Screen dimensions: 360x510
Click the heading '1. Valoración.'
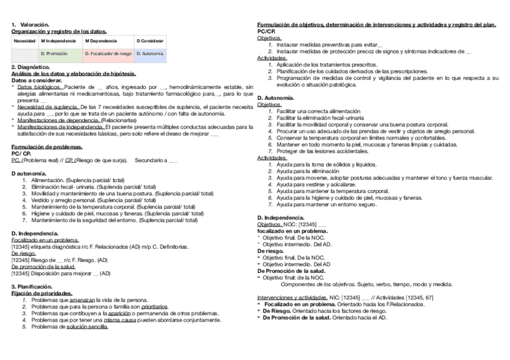click(x=30, y=25)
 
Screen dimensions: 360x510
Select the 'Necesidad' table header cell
click(x=25, y=41)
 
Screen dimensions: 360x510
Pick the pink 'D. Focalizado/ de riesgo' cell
click(x=108, y=53)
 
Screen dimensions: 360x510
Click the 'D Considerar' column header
click(x=150, y=41)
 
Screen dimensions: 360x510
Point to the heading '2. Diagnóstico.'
click(x=31, y=67)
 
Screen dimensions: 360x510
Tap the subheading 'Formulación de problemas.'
click(x=47, y=147)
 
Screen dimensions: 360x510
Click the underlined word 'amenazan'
click(x=82, y=300)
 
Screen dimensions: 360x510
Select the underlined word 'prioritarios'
click(x=155, y=307)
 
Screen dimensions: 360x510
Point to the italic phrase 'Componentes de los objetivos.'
click(x=318, y=284)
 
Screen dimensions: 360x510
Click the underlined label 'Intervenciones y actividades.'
click(x=292, y=297)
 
